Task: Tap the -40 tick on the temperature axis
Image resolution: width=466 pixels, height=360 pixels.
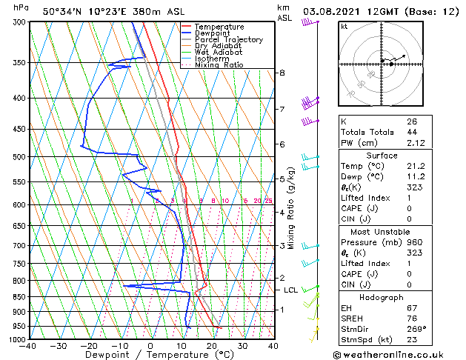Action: click(29, 345)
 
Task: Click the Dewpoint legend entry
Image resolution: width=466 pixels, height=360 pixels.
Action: click(211, 33)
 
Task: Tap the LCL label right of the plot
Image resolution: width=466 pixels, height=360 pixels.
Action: click(290, 290)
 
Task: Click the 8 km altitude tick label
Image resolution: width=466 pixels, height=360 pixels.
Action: click(282, 73)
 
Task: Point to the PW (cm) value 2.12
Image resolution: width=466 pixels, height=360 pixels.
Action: click(413, 143)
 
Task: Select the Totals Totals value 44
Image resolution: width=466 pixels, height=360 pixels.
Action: click(412, 132)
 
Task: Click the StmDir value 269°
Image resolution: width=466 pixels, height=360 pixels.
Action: click(416, 328)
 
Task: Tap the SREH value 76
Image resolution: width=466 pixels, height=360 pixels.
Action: click(412, 318)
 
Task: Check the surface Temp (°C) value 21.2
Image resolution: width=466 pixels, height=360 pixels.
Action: click(416, 166)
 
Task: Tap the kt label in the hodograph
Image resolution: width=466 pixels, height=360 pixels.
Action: click(344, 26)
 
